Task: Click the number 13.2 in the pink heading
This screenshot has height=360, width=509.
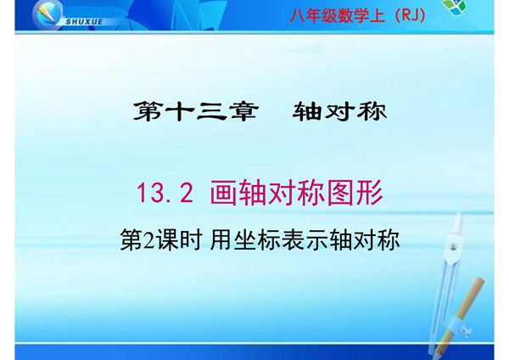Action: pyautogui.click(x=166, y=195)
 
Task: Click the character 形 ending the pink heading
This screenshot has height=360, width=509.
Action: pyautogui.click(x=370, y=195)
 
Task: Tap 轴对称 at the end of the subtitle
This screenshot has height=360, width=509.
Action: pyautogui.click(x=370, y=241)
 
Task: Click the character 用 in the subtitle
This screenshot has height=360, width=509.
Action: pyautogui.click(x=220, y=241)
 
